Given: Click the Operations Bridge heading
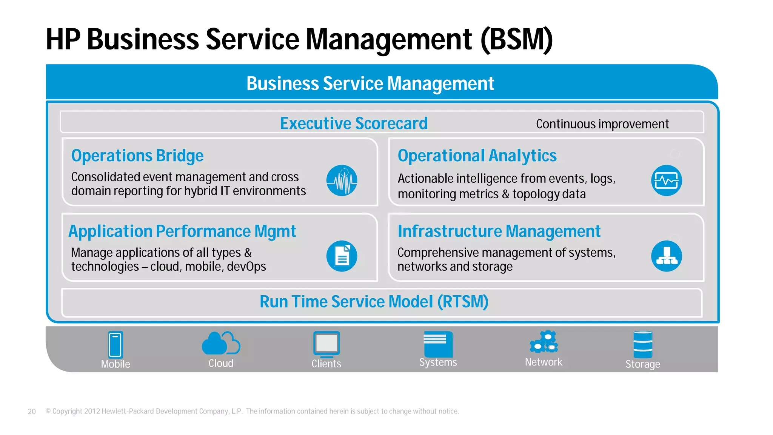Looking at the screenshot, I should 137,156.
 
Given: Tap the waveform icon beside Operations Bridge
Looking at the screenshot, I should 342,180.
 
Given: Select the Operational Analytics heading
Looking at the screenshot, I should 477,156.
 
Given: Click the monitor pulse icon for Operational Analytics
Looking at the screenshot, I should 666,180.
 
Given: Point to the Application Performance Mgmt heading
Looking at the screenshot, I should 182,231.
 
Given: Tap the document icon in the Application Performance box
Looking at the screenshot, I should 342,256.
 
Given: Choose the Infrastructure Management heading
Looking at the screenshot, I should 499,231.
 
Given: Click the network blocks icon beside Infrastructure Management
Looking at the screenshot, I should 666,256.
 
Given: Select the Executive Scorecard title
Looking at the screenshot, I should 354,123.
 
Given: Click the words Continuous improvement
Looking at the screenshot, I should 602,124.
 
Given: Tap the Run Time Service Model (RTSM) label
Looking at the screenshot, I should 374,302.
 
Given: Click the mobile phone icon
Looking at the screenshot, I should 115,344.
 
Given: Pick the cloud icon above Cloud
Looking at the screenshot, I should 220,343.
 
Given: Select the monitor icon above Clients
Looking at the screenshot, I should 326,344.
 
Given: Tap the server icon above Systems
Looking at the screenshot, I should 438,343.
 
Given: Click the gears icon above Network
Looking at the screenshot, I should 544,342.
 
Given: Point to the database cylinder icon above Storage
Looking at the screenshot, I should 643,344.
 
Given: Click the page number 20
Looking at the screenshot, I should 32,412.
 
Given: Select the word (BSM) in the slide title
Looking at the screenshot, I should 516,39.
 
